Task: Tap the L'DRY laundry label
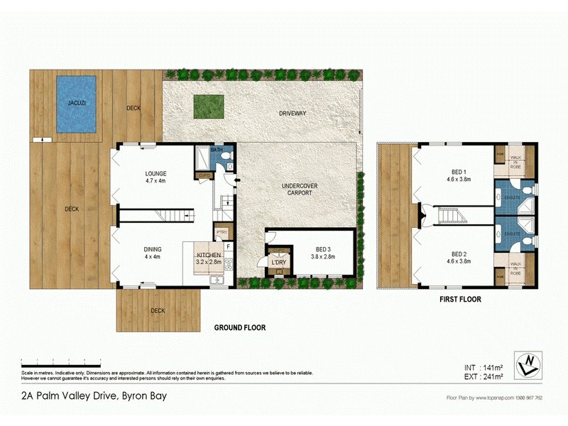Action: pyautogui.click(x=278, y=263)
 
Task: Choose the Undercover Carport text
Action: pyautogui.click(x=295, y=188)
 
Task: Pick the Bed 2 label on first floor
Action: pyautogui.click(x=458, y=253)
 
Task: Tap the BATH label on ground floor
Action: pyautogui.click(x=217, y=150)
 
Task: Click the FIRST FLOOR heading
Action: pyautogui.click(x=459, y=300)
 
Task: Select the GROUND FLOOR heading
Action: pyautogui.click(x=240, y=328)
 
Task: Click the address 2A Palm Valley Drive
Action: pyautogui.click(x=86, y=396)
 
